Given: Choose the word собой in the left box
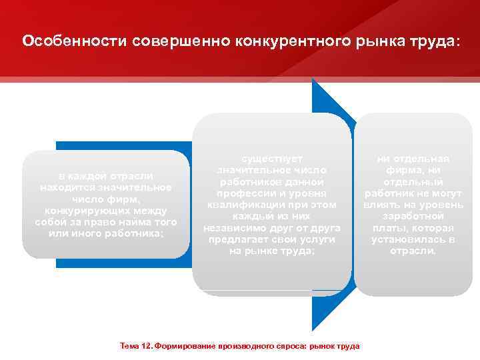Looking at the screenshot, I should [51, 222].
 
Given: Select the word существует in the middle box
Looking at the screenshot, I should [272, 159].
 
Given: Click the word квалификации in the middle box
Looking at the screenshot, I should [239, 205].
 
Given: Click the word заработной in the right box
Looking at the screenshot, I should [413, 216].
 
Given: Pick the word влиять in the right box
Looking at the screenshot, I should [382, 205].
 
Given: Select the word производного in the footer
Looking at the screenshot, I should [243, 346].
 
